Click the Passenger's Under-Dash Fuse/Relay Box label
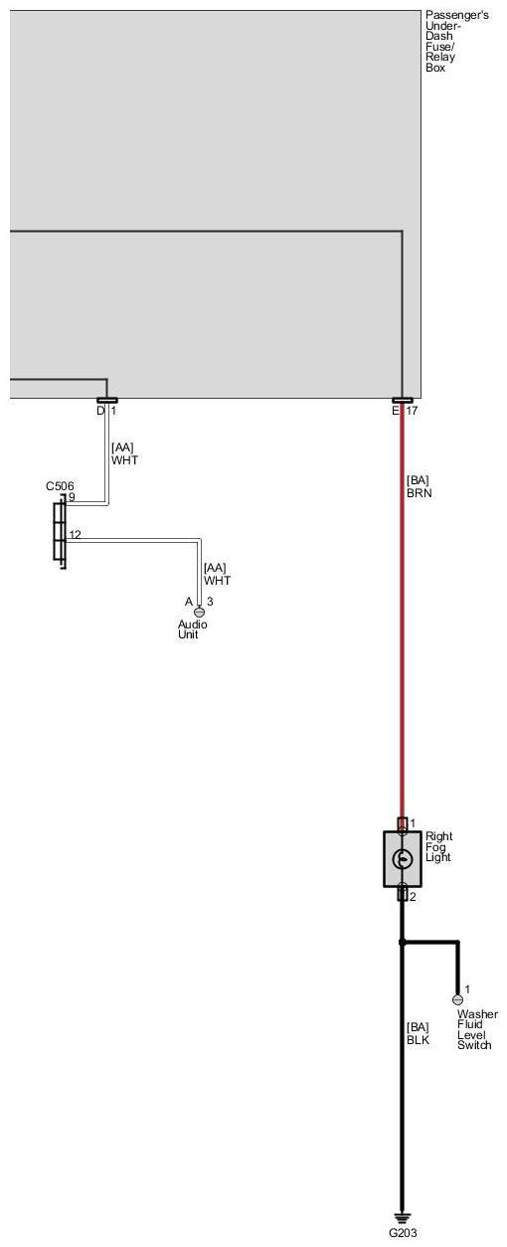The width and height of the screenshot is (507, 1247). [x=457, y=41]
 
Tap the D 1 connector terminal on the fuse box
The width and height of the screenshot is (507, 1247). [x=106, y=401]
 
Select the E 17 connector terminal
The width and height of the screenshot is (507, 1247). [x=403, y=401]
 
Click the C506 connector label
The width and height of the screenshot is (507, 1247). [x=60, y=486]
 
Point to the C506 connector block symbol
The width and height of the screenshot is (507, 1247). [x=60, y=531]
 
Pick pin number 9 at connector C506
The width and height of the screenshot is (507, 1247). [x=72, y=497]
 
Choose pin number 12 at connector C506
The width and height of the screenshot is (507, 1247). [x=76, y=534]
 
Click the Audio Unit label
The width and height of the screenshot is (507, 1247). [x=193, y=629]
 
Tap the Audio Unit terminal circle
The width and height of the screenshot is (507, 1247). [x=199, y=613]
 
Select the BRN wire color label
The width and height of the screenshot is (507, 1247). [x=420, y=493]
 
